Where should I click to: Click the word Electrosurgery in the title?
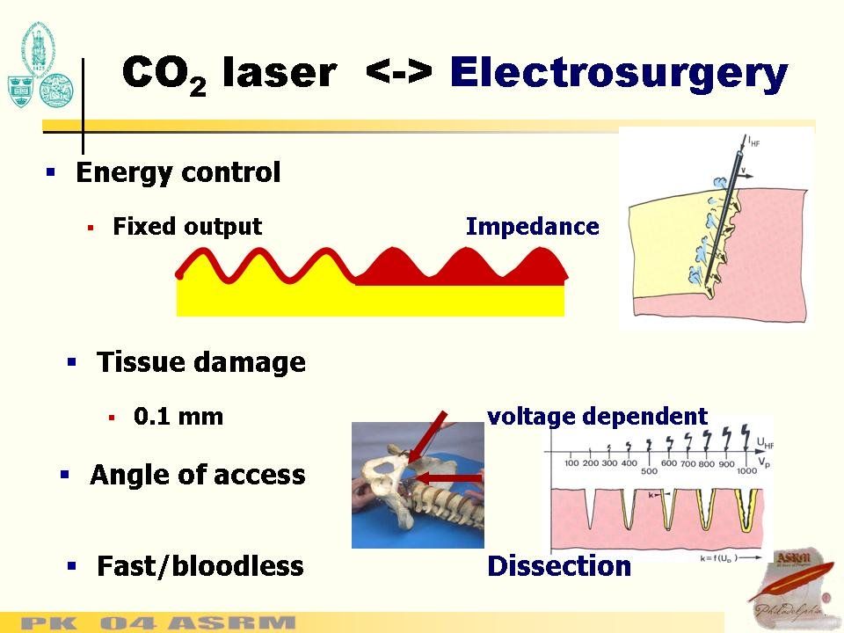tap(618, 74)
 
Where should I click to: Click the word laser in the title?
tap(279, 74)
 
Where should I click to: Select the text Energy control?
tap(178, 172)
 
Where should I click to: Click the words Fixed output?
tap(187, 227)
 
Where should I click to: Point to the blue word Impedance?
tap(532, 227)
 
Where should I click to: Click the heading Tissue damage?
tap(201, 362)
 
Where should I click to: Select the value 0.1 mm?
tap(178, 417)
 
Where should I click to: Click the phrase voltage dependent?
tap(597, 416)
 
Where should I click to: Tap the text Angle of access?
tap(198, 476)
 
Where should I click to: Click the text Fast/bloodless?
tap(200, 566)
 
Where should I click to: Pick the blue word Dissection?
tap(559, 567)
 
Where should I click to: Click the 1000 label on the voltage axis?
tap(747, 470)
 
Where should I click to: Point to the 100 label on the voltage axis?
tap(571, 463)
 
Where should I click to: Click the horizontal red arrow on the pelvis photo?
tap(452, 477)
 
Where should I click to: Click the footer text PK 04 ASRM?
tap(158, 623)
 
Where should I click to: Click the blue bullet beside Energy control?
tap(51, 172)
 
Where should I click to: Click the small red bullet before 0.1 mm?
tap(112, 418)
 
